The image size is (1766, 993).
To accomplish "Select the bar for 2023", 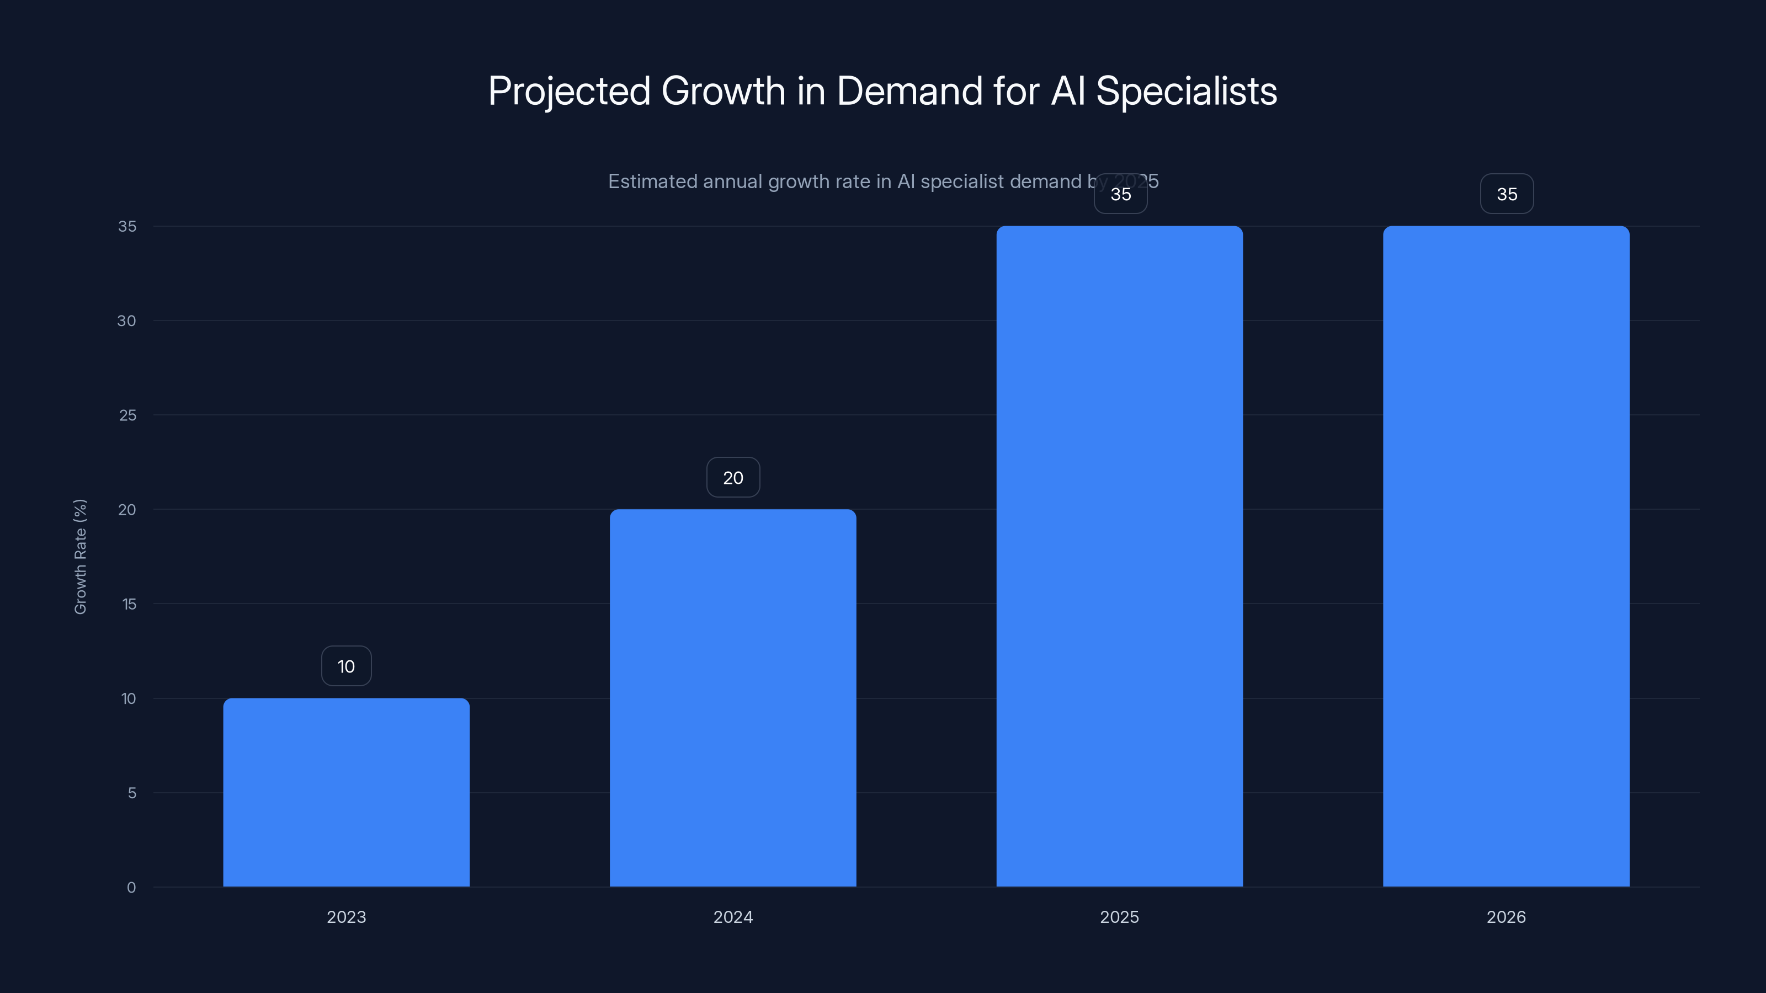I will tap(346, 792).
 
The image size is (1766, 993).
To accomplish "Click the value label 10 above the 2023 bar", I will tap(346, 666).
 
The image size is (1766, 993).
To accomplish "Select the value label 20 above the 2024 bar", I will tap(733, 478).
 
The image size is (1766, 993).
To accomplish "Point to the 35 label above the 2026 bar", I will tap(1507, 194).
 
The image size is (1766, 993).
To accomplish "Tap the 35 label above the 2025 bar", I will tap(1121, 195).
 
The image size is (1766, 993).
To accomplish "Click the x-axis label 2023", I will tap(346, 917).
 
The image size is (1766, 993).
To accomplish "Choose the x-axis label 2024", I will tap(733, 917).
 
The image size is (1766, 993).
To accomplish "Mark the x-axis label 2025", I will tap(1120, 917).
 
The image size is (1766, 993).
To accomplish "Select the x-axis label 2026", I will tap(1506, 917).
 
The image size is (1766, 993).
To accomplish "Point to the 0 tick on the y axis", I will tap(131, 888).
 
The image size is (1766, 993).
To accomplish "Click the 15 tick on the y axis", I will tap(129, 604).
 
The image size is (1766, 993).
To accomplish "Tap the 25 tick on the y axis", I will tap(127, 415).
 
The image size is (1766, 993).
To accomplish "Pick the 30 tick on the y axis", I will tap(127, 321).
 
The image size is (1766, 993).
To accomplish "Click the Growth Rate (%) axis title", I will tap(80, 557).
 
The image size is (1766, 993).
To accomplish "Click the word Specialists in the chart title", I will tap(1186, 91).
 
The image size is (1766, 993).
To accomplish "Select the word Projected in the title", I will tap(569, 91).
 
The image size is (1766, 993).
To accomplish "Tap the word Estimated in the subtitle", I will tap(651, 181).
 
